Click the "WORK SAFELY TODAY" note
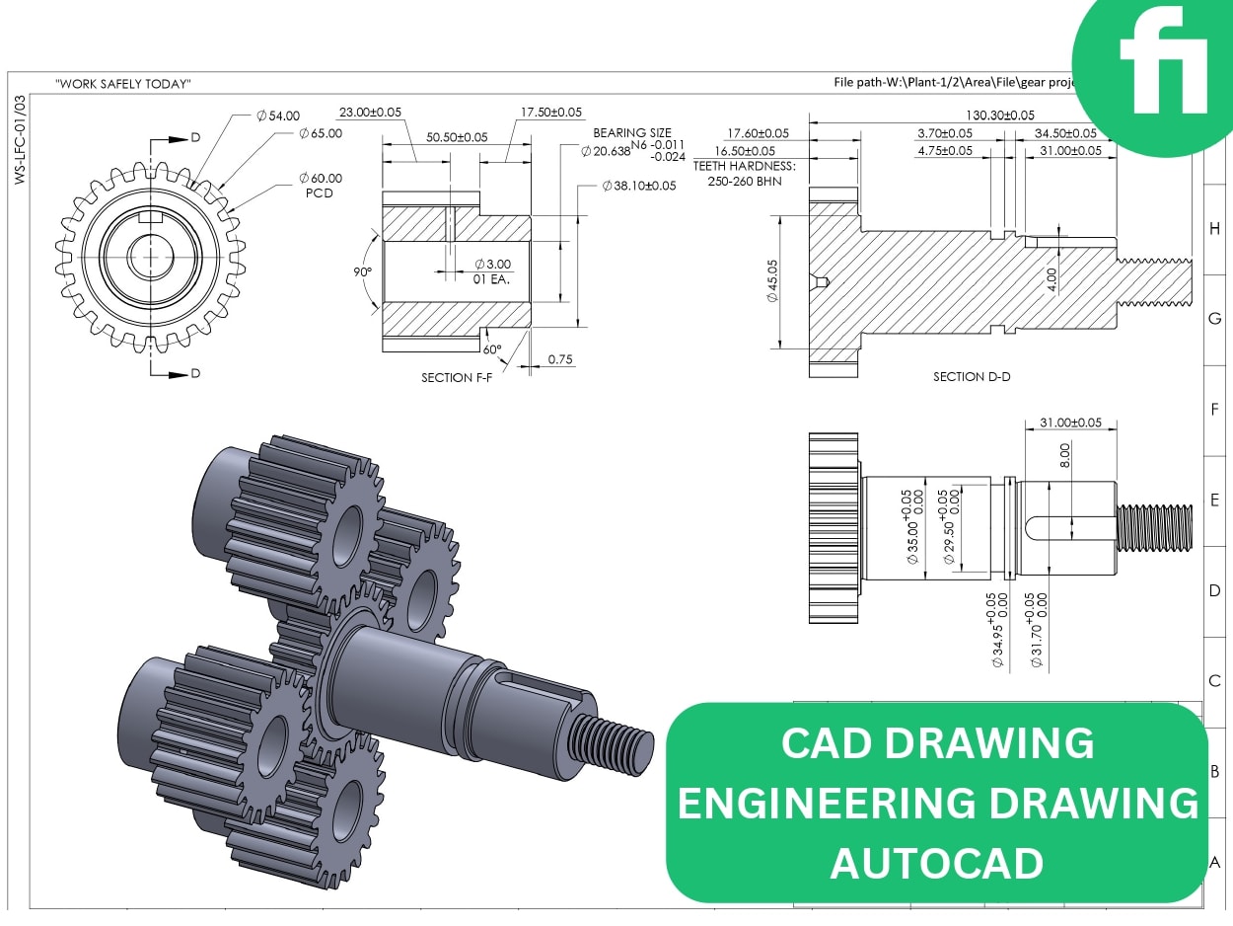pyautogui.click(x=123, y=84)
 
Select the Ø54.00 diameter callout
pyautogui.click(x=277, y=116)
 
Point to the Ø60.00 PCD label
pyautogui.click(x=320, y=185)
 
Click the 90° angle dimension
pyautogui.click(x=364, y=271)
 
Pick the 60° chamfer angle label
pyautogui.click(x=491, y=349)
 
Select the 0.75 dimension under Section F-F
pyautogui.click(x=560, y=359)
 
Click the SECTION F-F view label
pyautogui.click(x=461, y=378)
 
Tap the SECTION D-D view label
pyautogui.click(x=972, y=377)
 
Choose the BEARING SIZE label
pyautogui.click(x=631, y=132)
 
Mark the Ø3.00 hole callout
pyautogui.click(x=492, y=265)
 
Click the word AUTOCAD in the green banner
pyautogui.click(x=936, y=863)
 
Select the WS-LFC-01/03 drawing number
pyautogui.click(x=21, y=139)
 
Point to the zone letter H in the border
pyautogui.click(x=1214, y=228)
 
